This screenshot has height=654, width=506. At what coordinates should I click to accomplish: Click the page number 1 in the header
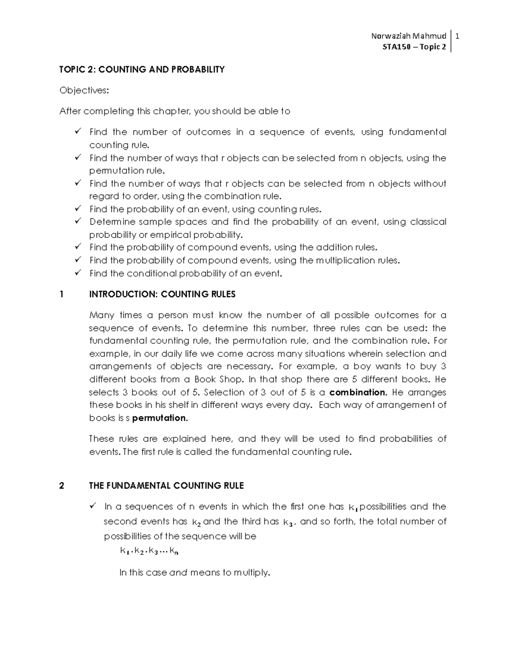pyautogui.click(x=457, y=36)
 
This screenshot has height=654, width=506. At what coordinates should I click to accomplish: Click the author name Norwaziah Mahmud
pyautogui.click(x=408, y=36)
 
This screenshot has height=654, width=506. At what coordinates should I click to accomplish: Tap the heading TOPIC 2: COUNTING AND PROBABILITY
pyautogui.click(x=142, y=69)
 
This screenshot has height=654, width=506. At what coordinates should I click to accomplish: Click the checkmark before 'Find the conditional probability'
pyautogui.click(x=78, y=273)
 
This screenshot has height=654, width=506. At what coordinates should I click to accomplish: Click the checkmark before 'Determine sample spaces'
pyautogui.click(x=78, y=221)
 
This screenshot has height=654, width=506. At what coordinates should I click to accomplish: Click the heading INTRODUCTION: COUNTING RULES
pyautogui.click(x=162, y=294)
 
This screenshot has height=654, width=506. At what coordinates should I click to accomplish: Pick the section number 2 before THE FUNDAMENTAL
pyautogui.click(x=62, y=486)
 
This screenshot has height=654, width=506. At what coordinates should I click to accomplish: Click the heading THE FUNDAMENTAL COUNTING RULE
pyautogui.click(x=166, y=486)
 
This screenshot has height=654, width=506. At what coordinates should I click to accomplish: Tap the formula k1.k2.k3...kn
pyautogui.click(x=149, y=551)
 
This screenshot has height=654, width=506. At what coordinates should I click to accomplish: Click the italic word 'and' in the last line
pyautogui.click(x=178, y=573)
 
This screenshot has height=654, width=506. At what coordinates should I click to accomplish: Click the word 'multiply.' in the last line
pyautogui.click(x=251, y=573)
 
